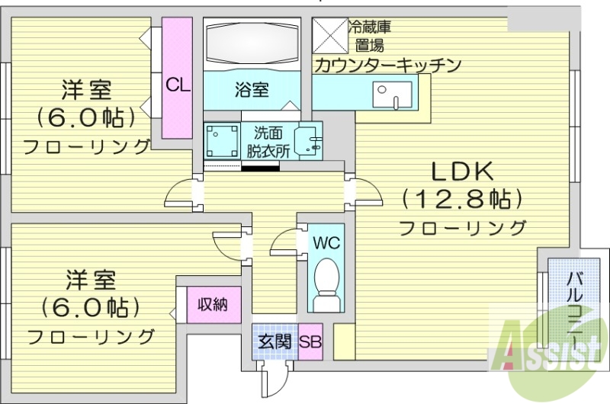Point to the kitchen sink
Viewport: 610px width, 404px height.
click(390, 96)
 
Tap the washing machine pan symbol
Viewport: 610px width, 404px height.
click(221, 139)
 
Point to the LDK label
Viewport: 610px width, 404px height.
click(461, 170)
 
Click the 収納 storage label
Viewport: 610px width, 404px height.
click(213, 305)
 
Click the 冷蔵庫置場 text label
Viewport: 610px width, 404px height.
click(370, 35)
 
